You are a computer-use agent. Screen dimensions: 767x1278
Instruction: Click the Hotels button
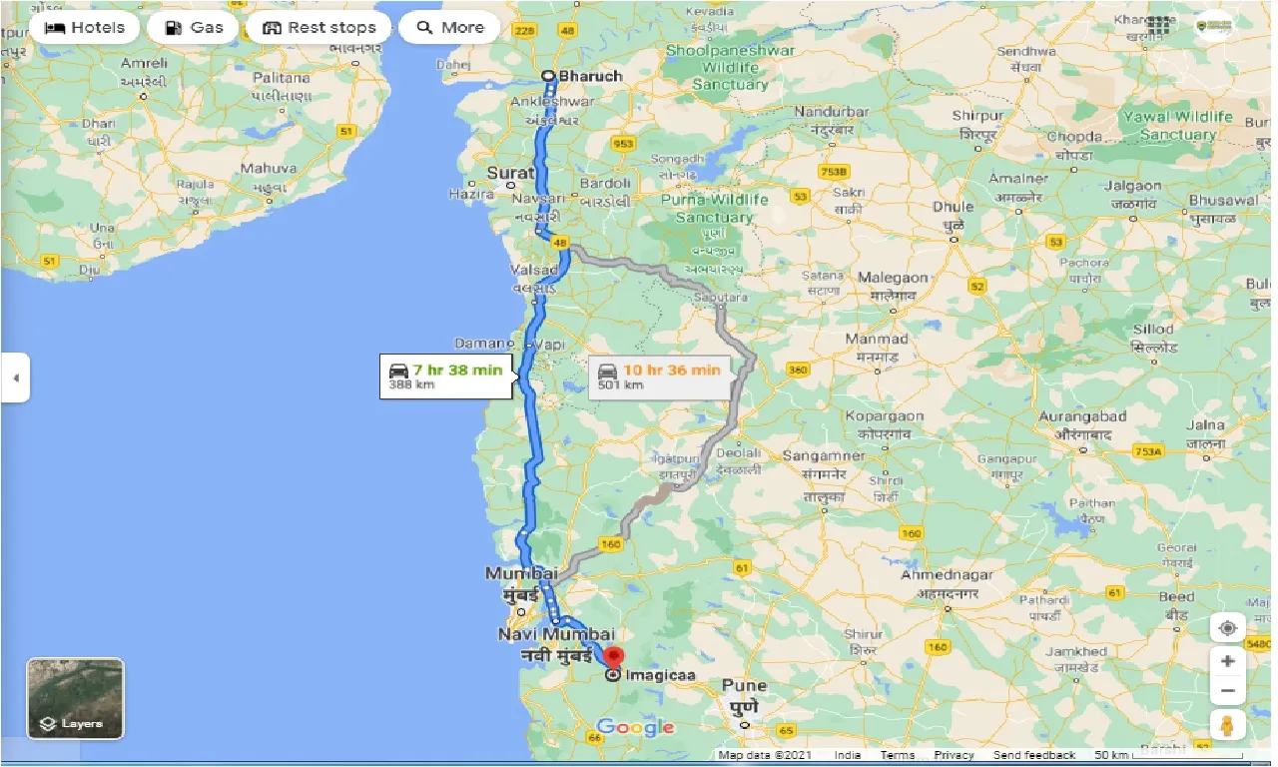[85, 27]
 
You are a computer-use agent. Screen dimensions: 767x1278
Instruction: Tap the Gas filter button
[193, 27]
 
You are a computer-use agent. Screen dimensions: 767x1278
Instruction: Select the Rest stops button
[319, 27]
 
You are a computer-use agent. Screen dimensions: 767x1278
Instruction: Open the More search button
[449, 27]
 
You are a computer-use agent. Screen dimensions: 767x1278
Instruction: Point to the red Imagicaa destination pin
[614, 658]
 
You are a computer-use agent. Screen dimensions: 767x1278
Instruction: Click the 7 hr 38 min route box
[446, 376]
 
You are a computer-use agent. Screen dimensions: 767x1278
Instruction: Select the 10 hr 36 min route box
[659, 376]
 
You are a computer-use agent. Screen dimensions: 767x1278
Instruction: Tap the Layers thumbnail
[76, 698]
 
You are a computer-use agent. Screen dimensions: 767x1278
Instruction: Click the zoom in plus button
[1227, 661]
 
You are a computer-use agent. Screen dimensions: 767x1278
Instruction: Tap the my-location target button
[1227, 628]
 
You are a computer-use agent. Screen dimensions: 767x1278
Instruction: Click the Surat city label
[510, 173]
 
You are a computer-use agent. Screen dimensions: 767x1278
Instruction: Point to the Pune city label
[744, 686]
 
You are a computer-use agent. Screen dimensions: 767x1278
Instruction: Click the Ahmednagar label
[947, 575]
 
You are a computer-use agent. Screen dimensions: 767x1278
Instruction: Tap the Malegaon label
[893, 278]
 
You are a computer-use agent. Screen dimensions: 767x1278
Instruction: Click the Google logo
[635, 727]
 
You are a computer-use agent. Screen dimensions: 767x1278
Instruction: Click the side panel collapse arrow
[15, 378]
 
